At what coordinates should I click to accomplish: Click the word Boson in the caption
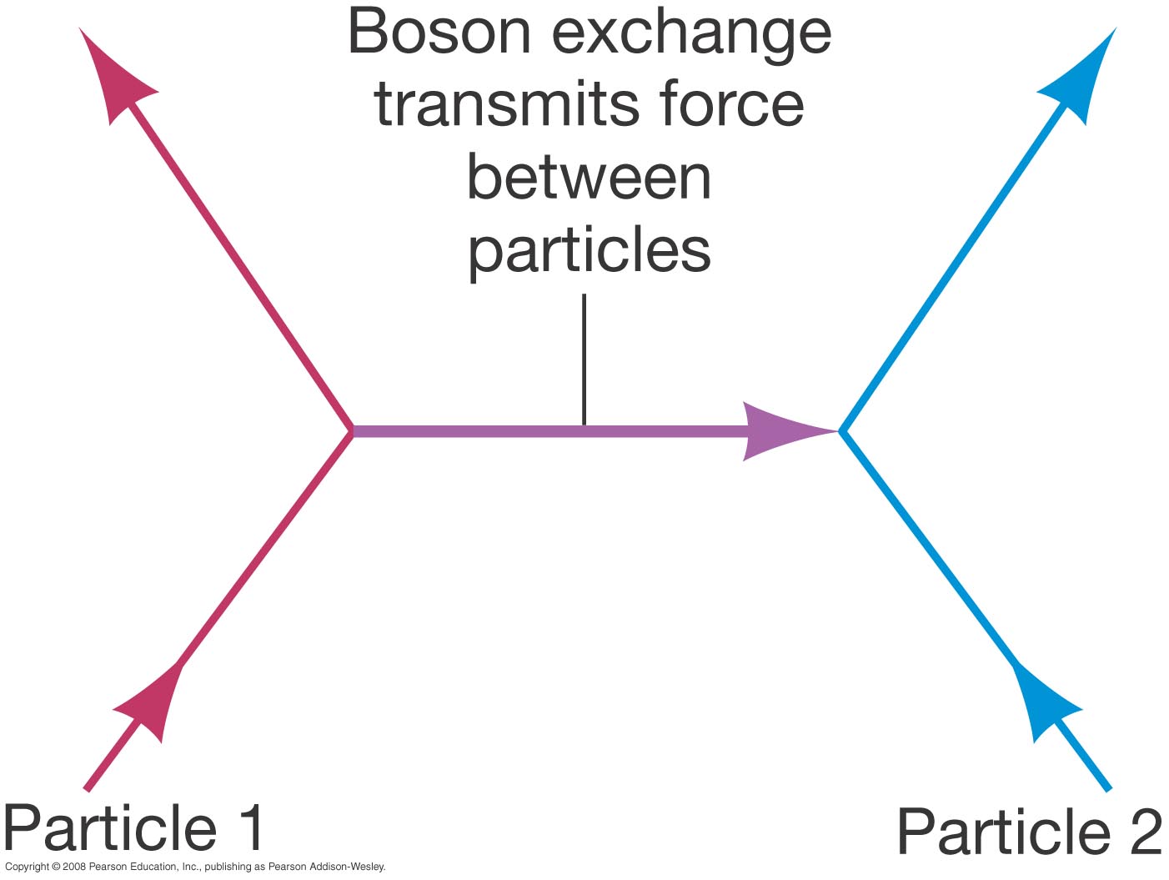click(439, 33)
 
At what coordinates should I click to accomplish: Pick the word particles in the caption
click(589, 250)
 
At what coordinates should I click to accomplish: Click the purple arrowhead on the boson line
click(780, 431)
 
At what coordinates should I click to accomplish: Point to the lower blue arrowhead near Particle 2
click(1042, 701)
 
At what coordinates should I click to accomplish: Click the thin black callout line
click(584, 359)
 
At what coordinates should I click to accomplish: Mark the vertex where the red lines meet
click(352, 431)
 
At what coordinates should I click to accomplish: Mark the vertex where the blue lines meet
click(842, 431)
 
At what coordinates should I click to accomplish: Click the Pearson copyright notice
click(195, 867)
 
